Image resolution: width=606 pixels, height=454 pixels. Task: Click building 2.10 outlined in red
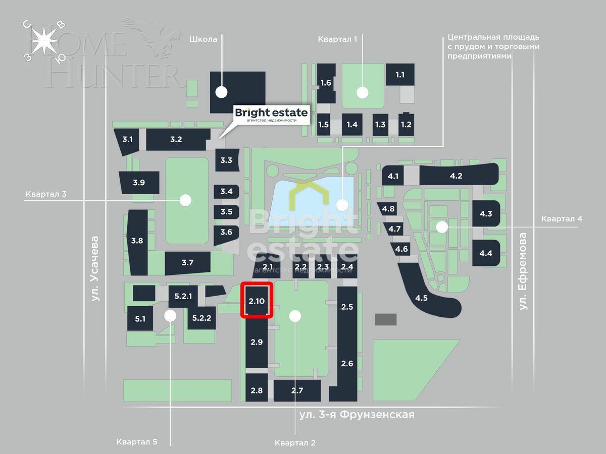257,301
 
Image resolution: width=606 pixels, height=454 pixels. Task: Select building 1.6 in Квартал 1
326,82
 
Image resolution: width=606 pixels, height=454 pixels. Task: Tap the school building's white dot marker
221,92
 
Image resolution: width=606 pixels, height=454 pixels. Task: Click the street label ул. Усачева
95,269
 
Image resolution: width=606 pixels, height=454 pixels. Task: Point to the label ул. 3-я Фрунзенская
357,415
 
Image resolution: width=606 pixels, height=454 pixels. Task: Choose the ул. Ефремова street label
523,271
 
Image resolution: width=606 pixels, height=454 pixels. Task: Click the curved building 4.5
422,297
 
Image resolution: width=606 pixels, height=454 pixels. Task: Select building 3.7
187,262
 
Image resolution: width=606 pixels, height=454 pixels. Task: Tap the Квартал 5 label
137,442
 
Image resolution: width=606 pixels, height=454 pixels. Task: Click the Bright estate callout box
271,115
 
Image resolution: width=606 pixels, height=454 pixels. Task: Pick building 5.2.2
201,318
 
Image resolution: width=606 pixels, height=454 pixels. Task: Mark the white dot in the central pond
342,205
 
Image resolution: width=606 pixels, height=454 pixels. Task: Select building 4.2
456,176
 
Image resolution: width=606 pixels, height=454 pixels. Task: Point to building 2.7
297,390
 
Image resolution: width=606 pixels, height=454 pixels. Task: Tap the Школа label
204,39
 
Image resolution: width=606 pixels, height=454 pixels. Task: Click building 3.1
128,139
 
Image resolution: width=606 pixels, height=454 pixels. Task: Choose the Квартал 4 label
562,218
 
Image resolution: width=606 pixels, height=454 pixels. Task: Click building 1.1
400,75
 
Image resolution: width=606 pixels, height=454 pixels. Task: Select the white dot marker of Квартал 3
186,200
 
